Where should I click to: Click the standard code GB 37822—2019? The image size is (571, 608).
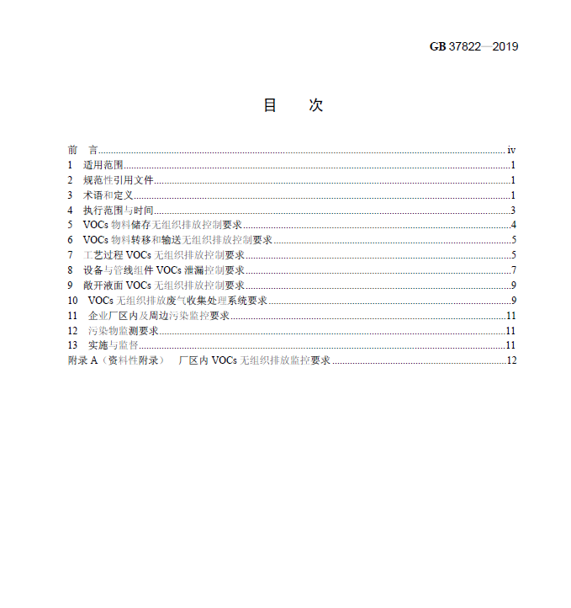click(473, 46)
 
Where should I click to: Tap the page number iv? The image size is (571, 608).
click(511, 150)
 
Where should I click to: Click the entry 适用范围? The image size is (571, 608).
click(103, 165)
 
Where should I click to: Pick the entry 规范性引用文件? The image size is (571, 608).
click(118, 180)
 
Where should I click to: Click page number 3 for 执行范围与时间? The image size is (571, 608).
click(513, 211)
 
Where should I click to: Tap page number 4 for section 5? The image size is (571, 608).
click(513, 225)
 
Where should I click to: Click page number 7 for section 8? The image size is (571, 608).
click(513, 270)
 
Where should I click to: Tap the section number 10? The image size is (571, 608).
click(72, 301)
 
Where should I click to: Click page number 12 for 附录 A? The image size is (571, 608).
click(510, 360)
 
